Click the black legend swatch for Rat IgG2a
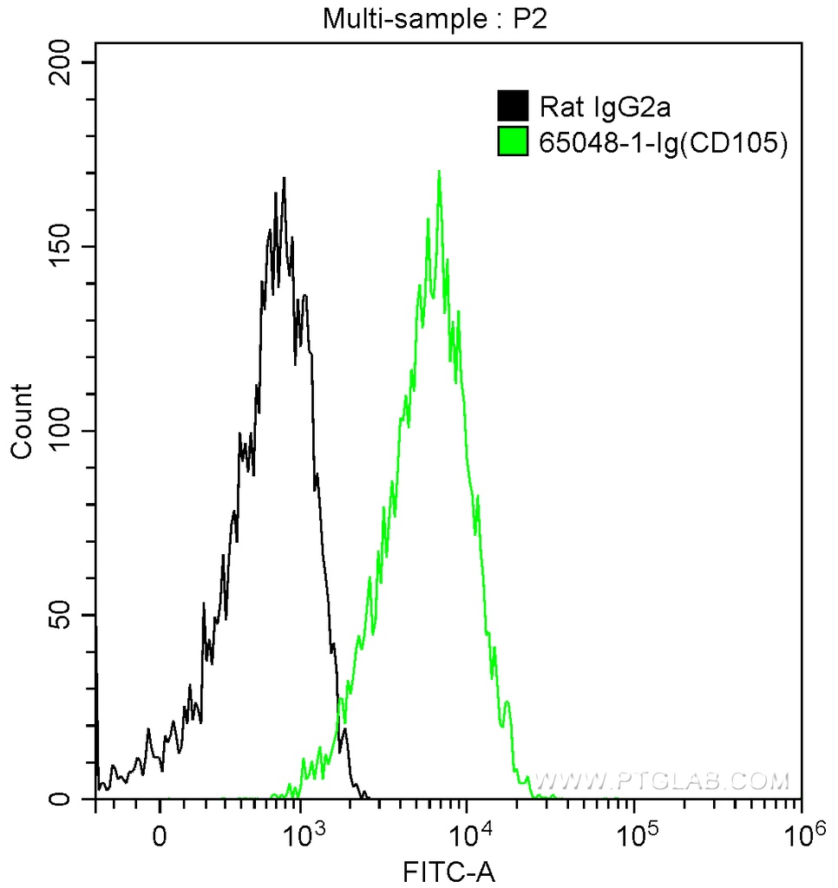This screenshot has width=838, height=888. tap(513, 107)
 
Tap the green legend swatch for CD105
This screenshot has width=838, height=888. tap(513, 141)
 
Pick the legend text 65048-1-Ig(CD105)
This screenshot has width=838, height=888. tap(664, 142)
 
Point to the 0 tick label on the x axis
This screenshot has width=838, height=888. tap(160, 839)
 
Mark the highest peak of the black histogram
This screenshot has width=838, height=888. tap(284, 179)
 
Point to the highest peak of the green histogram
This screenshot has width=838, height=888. tap(439, 172)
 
